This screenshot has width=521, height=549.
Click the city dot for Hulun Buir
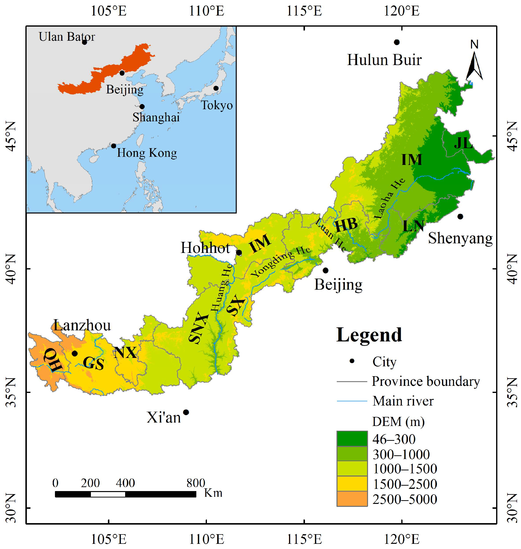397,42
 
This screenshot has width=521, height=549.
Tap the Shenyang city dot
460,216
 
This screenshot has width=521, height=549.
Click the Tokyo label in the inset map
217,105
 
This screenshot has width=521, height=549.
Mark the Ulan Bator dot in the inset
85,42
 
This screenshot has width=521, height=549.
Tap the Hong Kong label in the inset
147,153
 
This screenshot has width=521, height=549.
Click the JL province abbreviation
463,143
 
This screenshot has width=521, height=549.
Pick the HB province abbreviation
346,225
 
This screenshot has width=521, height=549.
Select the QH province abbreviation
53,360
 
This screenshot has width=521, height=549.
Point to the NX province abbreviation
125,353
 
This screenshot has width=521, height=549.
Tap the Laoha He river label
389,198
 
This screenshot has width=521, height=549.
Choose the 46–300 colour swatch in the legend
352,439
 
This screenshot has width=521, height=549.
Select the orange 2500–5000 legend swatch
352,499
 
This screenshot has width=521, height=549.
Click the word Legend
369,335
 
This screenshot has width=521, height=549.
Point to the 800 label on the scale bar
196,483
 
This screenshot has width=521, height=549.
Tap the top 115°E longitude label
304,11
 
